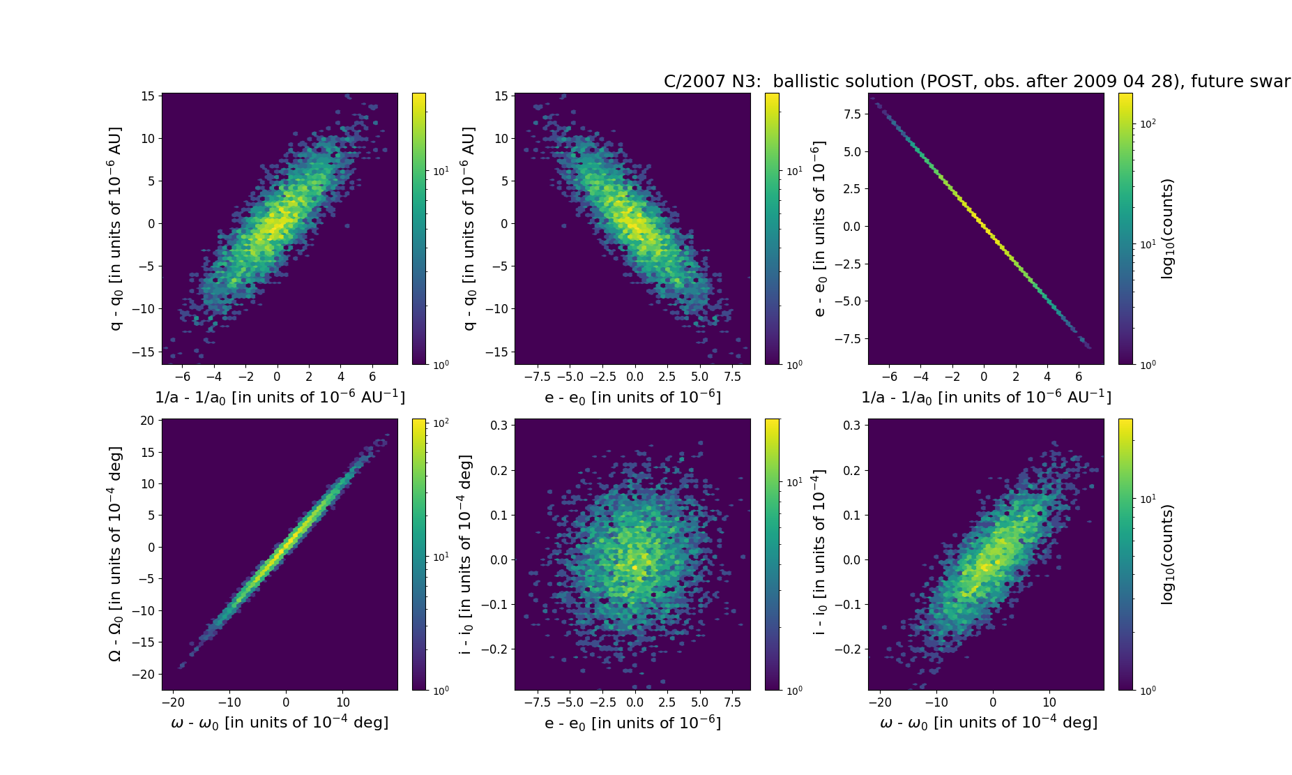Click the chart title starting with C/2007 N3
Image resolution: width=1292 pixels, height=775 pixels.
[x=976, y=82]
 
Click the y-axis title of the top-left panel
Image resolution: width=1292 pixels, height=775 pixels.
[x=115, y=228]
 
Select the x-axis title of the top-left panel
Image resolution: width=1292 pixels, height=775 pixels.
[x=280, y=397]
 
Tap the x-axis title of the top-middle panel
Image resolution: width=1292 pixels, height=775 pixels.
[x=632, y=397]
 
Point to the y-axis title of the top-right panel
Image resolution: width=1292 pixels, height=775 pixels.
[x=819, y=228]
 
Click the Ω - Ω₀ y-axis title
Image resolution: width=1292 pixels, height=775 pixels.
[x=115, y=554]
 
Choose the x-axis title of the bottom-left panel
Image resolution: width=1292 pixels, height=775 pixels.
[x=280, y=723]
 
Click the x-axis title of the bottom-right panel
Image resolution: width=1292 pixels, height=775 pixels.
[x=988, y=723]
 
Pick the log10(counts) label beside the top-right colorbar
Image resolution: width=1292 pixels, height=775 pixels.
[x=1167, y=229]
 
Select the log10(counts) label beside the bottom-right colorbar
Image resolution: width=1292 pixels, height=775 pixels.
[x=1167, y=555]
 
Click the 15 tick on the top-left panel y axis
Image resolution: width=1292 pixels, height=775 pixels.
[x=148, y=96]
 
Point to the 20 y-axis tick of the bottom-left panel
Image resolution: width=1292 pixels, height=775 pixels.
[x=147, y=420]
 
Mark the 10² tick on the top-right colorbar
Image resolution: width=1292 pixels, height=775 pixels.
[x=1147, y=123]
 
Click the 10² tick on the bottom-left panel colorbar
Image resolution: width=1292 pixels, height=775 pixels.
[x=441, y=423]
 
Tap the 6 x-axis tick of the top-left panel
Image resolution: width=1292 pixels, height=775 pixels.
[x=372, y=377]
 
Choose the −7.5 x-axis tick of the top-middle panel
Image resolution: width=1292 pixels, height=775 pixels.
[x=537, y=377]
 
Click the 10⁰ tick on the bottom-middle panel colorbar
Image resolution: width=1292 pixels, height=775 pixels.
[x=793, y=690]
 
